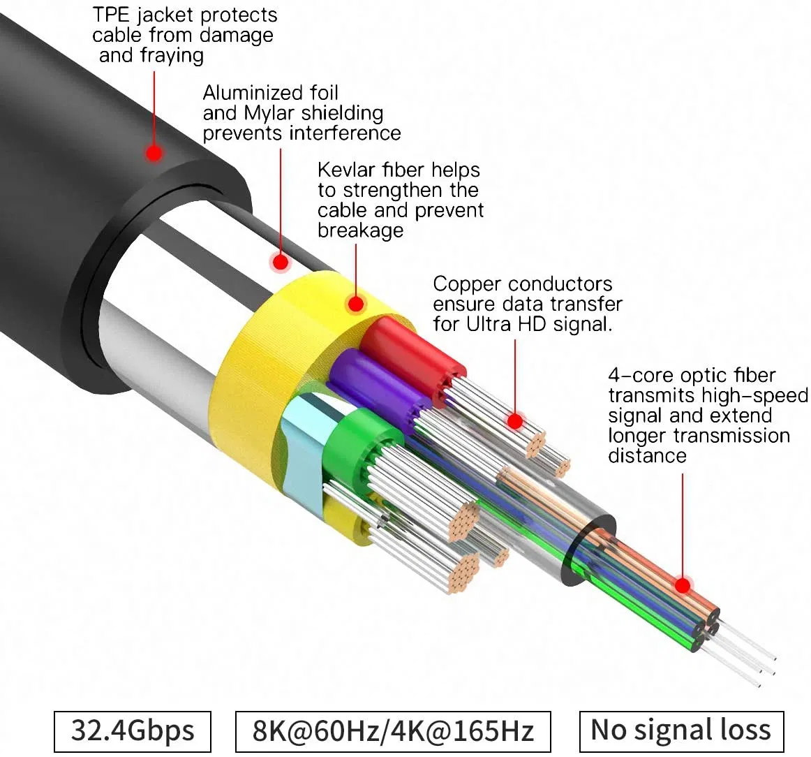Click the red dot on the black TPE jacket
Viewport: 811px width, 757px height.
(154, 152)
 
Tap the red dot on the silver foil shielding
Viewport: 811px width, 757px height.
(280, 263)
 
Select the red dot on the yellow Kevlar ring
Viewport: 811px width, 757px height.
(356, 304)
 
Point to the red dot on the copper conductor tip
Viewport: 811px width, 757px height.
(515, 421)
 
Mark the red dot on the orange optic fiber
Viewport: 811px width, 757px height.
(683, 585)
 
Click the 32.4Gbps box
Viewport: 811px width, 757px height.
(133, 731)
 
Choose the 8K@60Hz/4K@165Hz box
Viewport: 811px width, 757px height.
(393, 731)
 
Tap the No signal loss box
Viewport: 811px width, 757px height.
(681, 730)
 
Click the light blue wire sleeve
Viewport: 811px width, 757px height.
(302, 436)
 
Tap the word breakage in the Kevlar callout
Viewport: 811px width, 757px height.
(360, 230)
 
